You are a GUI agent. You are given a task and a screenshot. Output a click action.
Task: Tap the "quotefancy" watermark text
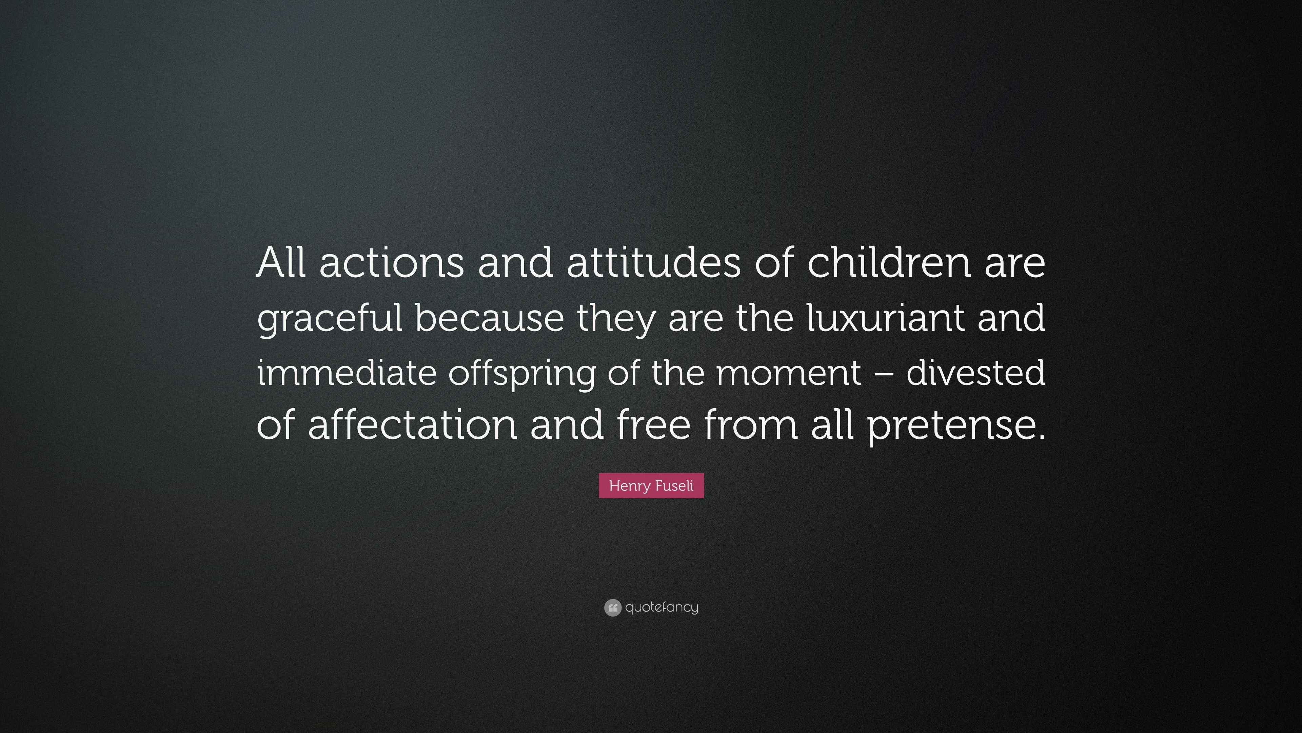[662, 607]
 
